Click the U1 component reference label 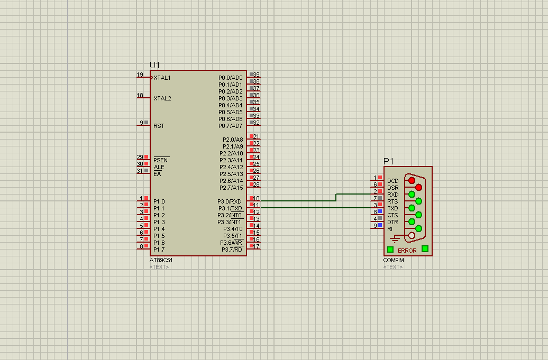point(154,66)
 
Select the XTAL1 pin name point(162,78)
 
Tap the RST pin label point(159,126)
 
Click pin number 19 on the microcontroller point(140,75)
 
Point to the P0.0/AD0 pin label point(230,78)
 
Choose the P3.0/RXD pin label point(229,201)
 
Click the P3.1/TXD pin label point(230,208)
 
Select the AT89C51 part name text point(161,260)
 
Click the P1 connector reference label point(388,161)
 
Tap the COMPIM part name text point(394,260)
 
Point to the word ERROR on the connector point(407,251)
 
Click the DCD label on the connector point(393,181)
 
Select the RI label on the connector point(390,229)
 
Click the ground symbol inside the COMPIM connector point(395,239)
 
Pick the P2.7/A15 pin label point(231,188)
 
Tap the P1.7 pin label point(159,250)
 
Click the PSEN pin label point(161,160)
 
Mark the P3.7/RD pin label point(232,250)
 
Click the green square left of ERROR point(390,250)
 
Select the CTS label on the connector point(392,215)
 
